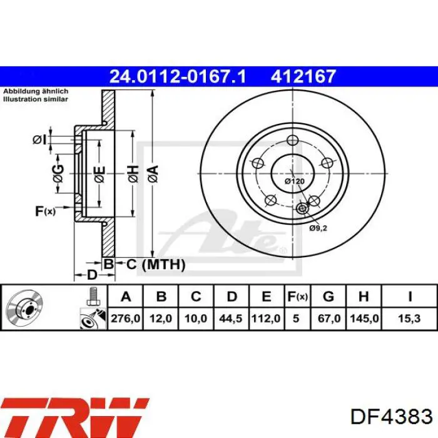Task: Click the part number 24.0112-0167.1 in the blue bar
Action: tap(178, 76)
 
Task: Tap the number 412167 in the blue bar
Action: tap(303, 76)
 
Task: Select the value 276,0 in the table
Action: tap(125, 318)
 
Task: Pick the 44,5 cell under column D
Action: tap(230, 318)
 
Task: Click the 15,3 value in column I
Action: tap(409, 318)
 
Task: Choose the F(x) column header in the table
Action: tap(297, 297)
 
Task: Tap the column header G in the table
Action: tap(328, 297)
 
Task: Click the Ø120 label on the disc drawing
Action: tap(295, 181)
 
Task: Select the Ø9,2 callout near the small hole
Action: tap(318, 228)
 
